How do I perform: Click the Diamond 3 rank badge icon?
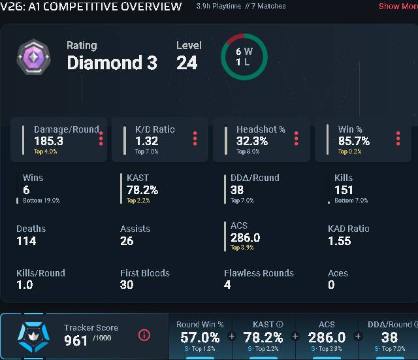(33, 57)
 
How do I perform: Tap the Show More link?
(398, 6)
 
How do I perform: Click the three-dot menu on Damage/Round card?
(101, 139)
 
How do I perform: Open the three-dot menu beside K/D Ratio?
(195, 139)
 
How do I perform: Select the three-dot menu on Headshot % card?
(296, 139)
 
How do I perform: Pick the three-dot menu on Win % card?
(398, 139)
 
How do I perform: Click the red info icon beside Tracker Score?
(144, 335)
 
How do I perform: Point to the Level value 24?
(187, 63)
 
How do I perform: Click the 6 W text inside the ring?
(244, 51)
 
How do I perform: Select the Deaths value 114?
(26, 241)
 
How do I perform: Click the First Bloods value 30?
(127, 285)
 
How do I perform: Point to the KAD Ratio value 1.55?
(340, 241)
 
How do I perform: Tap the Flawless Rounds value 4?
(227, 285)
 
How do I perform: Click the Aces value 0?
(331, 285)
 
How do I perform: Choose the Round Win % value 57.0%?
(200, 337)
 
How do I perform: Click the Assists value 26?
(127, 241)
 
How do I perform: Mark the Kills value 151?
(344, 190)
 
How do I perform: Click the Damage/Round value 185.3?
(49, 141)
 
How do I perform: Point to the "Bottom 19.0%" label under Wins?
(41, 201)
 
